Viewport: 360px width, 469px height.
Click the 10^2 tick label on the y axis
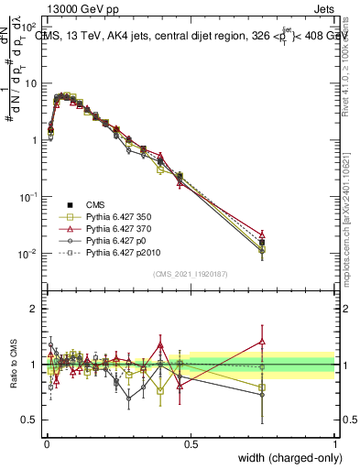[27, 27]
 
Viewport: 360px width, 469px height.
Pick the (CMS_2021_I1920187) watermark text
[191, 273]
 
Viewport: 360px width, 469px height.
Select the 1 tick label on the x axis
[334, 444]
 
